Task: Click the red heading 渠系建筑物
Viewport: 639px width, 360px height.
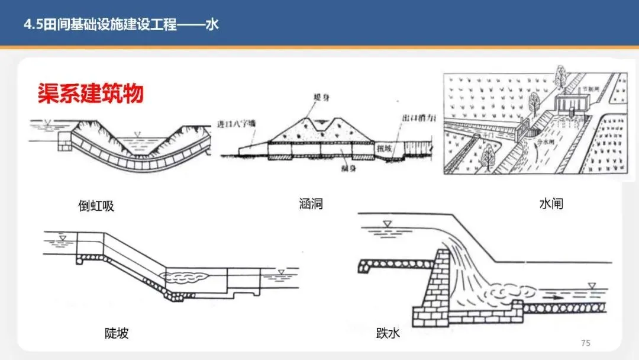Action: coord(91,94)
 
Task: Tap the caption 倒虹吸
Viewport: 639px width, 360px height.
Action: coord(96,206)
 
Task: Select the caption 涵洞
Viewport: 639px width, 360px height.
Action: coord(311,205)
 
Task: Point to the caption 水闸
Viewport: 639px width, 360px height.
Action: coord(551,204)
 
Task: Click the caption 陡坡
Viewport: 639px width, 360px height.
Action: coord(116,333)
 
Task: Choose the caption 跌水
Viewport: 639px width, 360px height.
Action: coord(388,333)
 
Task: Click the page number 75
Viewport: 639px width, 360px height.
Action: coord(586,343)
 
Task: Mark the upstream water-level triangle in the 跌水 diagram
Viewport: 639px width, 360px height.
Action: coord(387,223)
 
